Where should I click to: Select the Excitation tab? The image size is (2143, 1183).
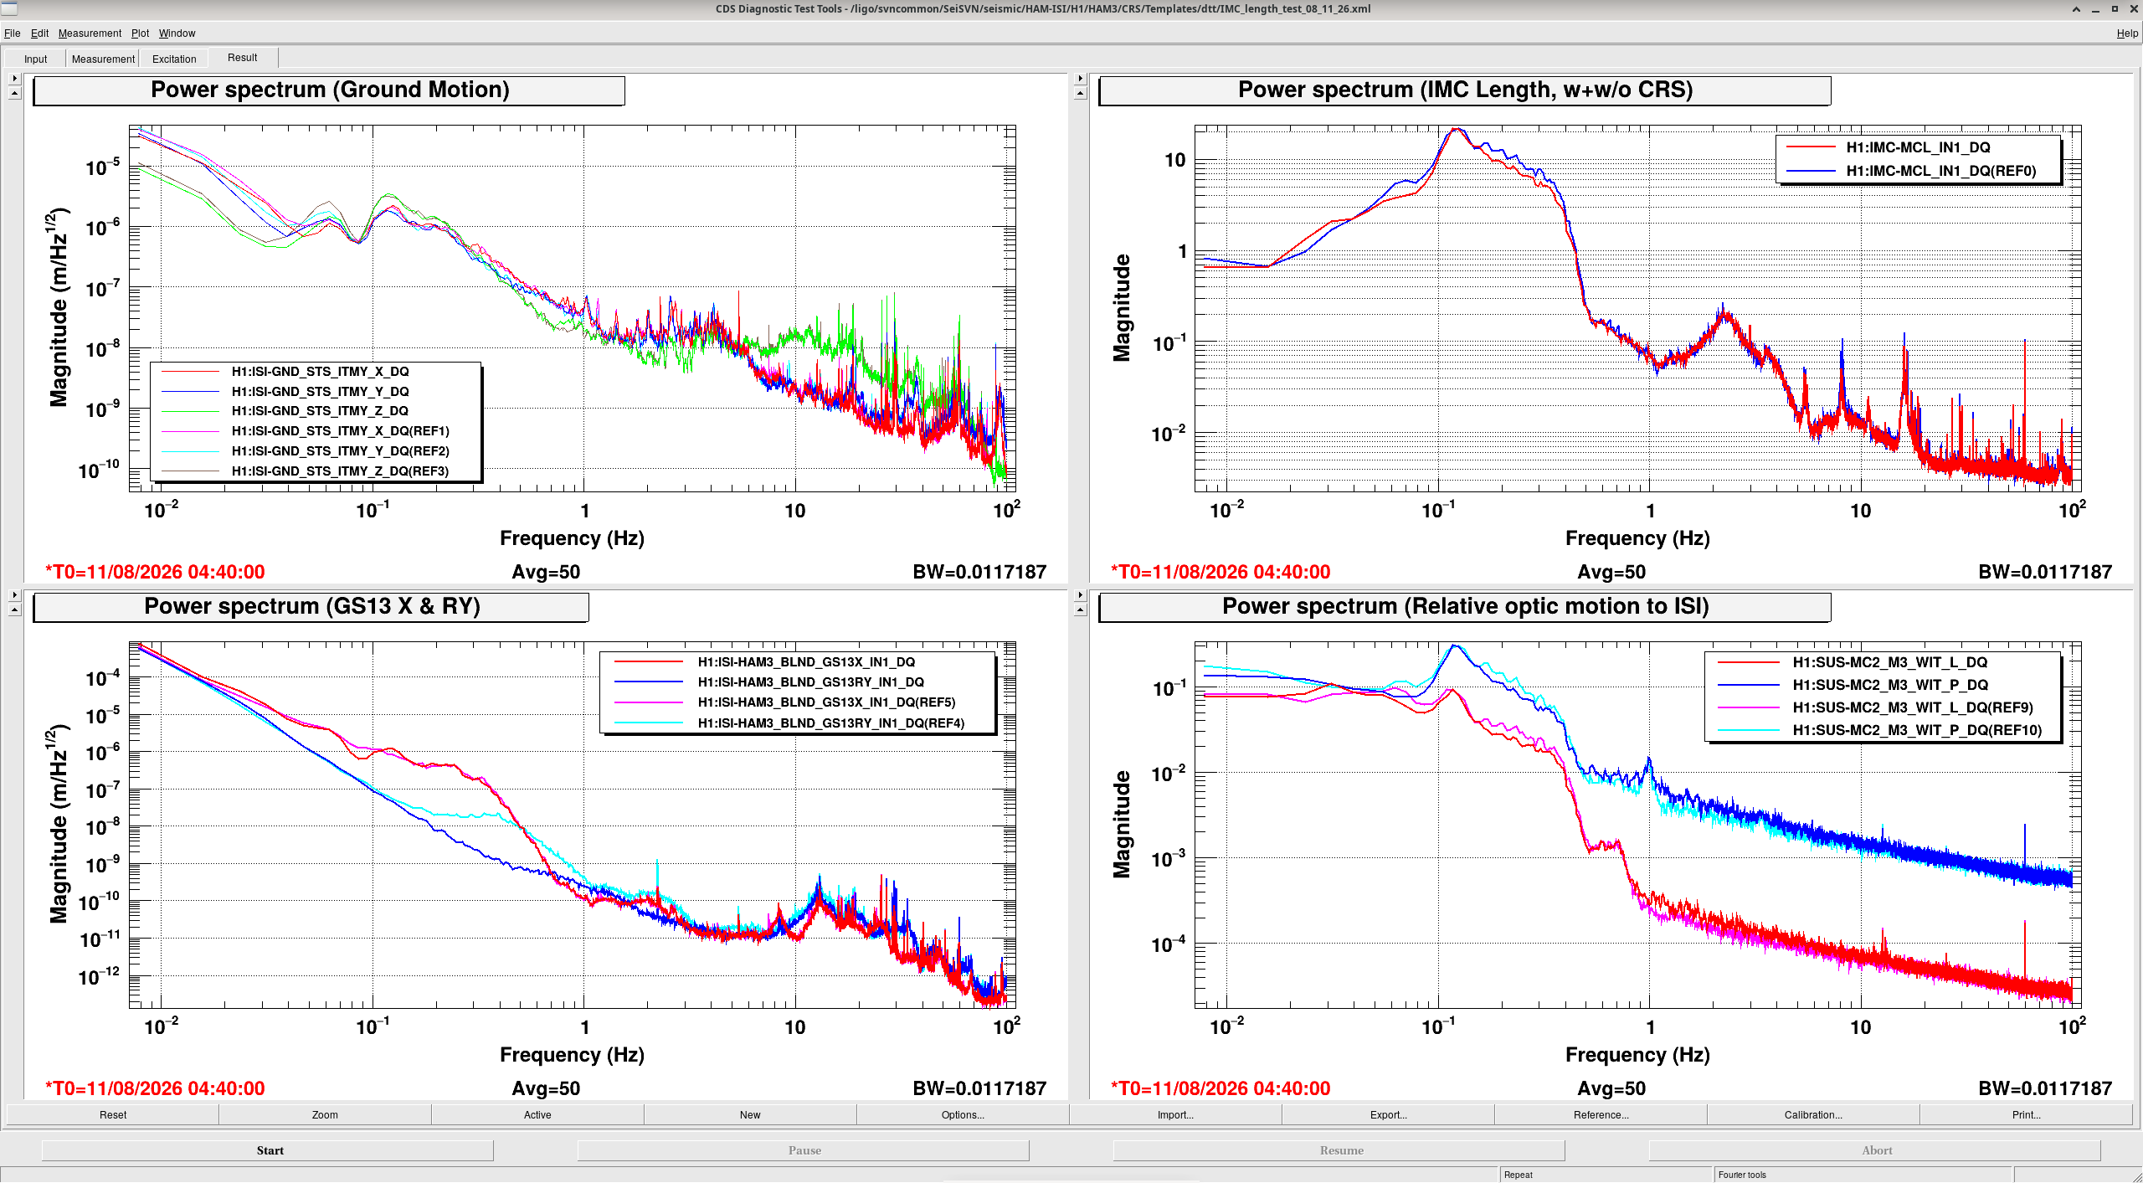(x=174, y=59)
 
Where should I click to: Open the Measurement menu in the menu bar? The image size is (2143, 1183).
(x=90, y=33)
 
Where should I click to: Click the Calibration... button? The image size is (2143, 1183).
(x=1813, y=1114)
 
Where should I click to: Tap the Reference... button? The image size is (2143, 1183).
(x=1601, y=1114)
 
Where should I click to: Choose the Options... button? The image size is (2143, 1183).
(x=963, y=1114)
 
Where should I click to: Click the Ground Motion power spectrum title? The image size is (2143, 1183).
(x=330, y=90)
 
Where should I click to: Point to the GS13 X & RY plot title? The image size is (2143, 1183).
(x=311, y=606)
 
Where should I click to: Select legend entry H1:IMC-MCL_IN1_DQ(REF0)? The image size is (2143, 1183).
(x=1941, y=171)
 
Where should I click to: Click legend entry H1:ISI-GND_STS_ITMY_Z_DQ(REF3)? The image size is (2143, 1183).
(x=340, y=471)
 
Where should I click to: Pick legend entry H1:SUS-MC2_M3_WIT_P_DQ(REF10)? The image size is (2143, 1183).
(x=1917, y=730)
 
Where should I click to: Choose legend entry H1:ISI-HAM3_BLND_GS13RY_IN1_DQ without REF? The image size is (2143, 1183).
(x=810, y=682)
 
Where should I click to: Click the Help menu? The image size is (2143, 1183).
(x=2127, y=33)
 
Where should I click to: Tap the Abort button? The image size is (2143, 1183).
(x=1876, y=1150)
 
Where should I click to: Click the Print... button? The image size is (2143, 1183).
(x=2026, y=1114)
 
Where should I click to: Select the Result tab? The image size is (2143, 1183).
(x=242, y=58)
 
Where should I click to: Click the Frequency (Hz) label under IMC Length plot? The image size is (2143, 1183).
(x=1637, y=538)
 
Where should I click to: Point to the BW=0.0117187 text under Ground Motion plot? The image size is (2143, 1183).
(x=979, y=572)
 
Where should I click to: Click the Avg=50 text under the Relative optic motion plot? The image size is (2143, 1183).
(x=1611, y=1088)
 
